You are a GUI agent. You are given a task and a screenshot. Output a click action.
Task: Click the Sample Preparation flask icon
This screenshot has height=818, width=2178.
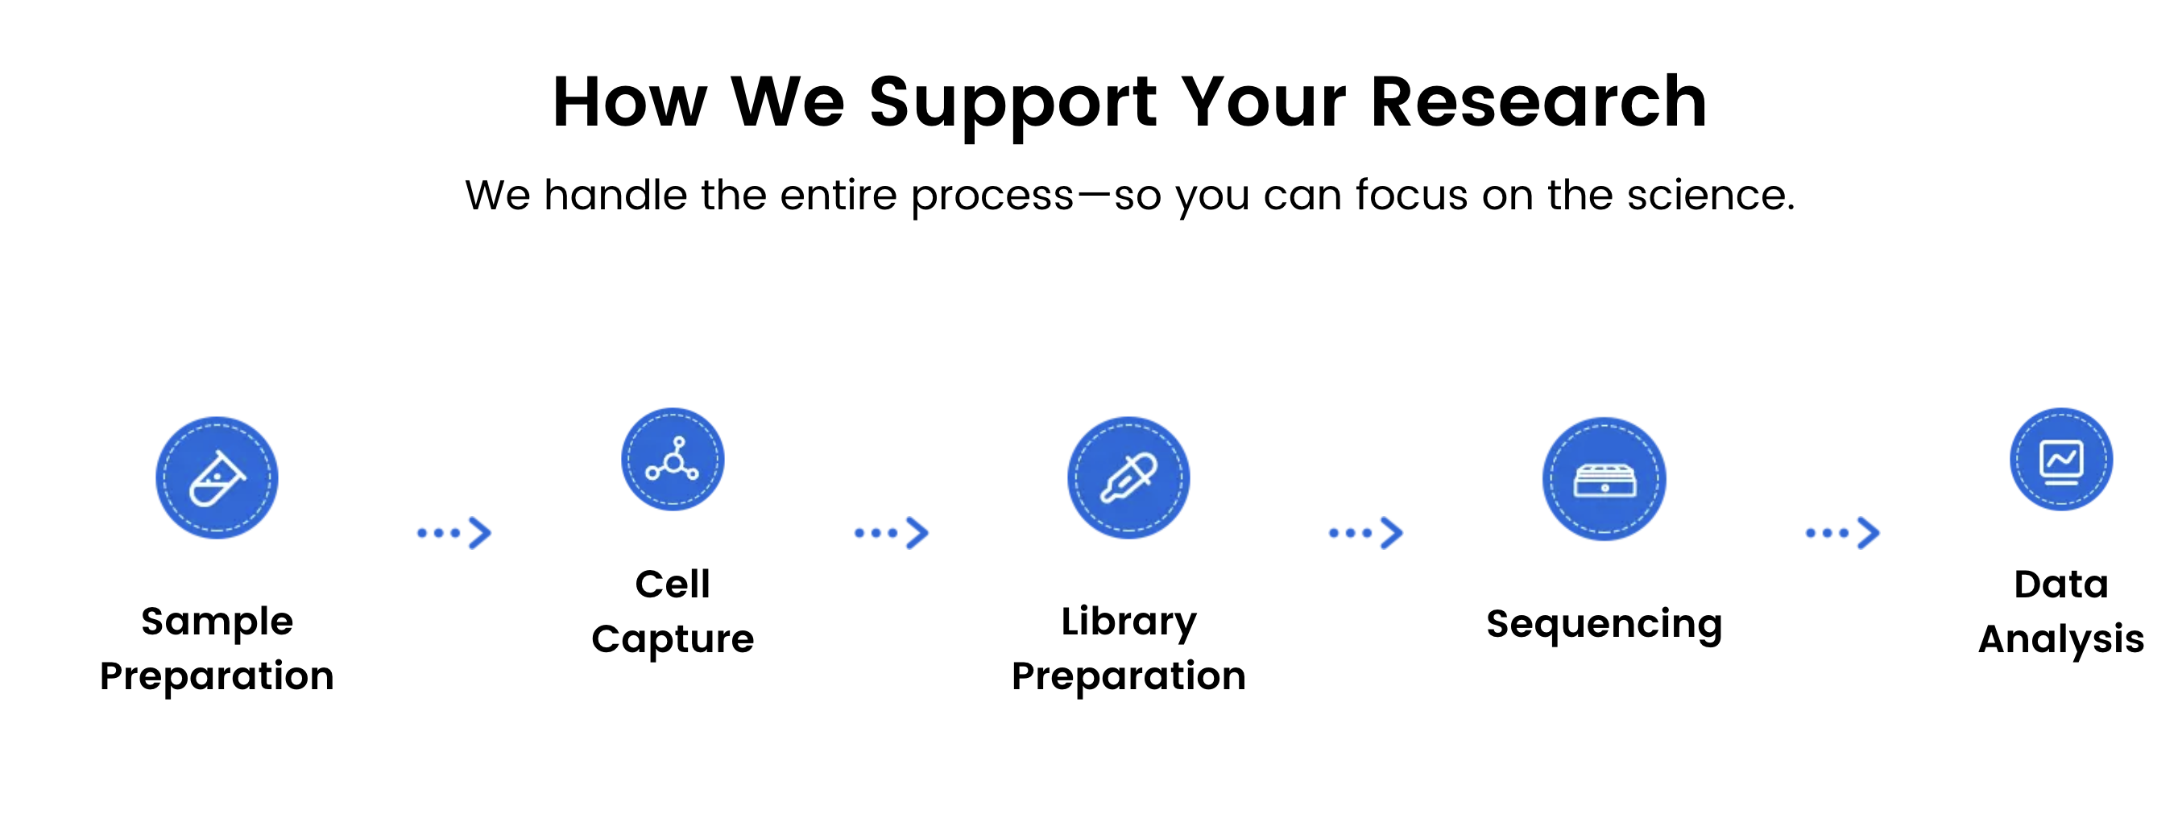(x=217, y=477)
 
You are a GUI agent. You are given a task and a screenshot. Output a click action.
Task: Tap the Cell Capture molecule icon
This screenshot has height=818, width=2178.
(x=673, y=459)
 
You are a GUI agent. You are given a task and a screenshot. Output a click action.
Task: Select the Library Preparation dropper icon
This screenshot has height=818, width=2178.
(x=1128, y=477)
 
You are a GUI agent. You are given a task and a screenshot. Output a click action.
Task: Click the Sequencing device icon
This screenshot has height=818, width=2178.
(x=1604, y=479)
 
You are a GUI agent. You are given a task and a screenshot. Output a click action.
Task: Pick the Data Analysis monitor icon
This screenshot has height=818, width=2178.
(x=2061, y=459)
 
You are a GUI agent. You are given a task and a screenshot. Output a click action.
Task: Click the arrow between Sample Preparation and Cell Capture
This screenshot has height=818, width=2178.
(x=454, y=532)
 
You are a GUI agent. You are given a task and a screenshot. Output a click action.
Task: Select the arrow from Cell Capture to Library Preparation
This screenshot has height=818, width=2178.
(x=891, y=532)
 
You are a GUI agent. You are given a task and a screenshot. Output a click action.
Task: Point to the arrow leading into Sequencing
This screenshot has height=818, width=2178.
(x=1365, y=532)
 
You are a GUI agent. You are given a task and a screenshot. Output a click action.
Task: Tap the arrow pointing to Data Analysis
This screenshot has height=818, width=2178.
(x=1842, y=532)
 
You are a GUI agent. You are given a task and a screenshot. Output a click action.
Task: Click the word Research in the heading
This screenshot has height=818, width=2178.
(x=1538, y=101)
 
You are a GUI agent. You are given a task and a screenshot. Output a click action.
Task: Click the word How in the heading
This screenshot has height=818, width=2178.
(x=630, y=101)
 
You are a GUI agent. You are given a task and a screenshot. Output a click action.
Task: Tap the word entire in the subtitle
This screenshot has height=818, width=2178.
(x=838, y=195)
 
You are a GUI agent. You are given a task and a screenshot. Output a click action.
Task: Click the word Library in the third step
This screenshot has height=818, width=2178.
(x=1128, y=622)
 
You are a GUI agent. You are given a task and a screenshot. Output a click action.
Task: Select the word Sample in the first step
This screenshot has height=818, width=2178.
(x=217, y=622)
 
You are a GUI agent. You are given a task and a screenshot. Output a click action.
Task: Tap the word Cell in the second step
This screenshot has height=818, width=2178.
(x=673, y=584)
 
